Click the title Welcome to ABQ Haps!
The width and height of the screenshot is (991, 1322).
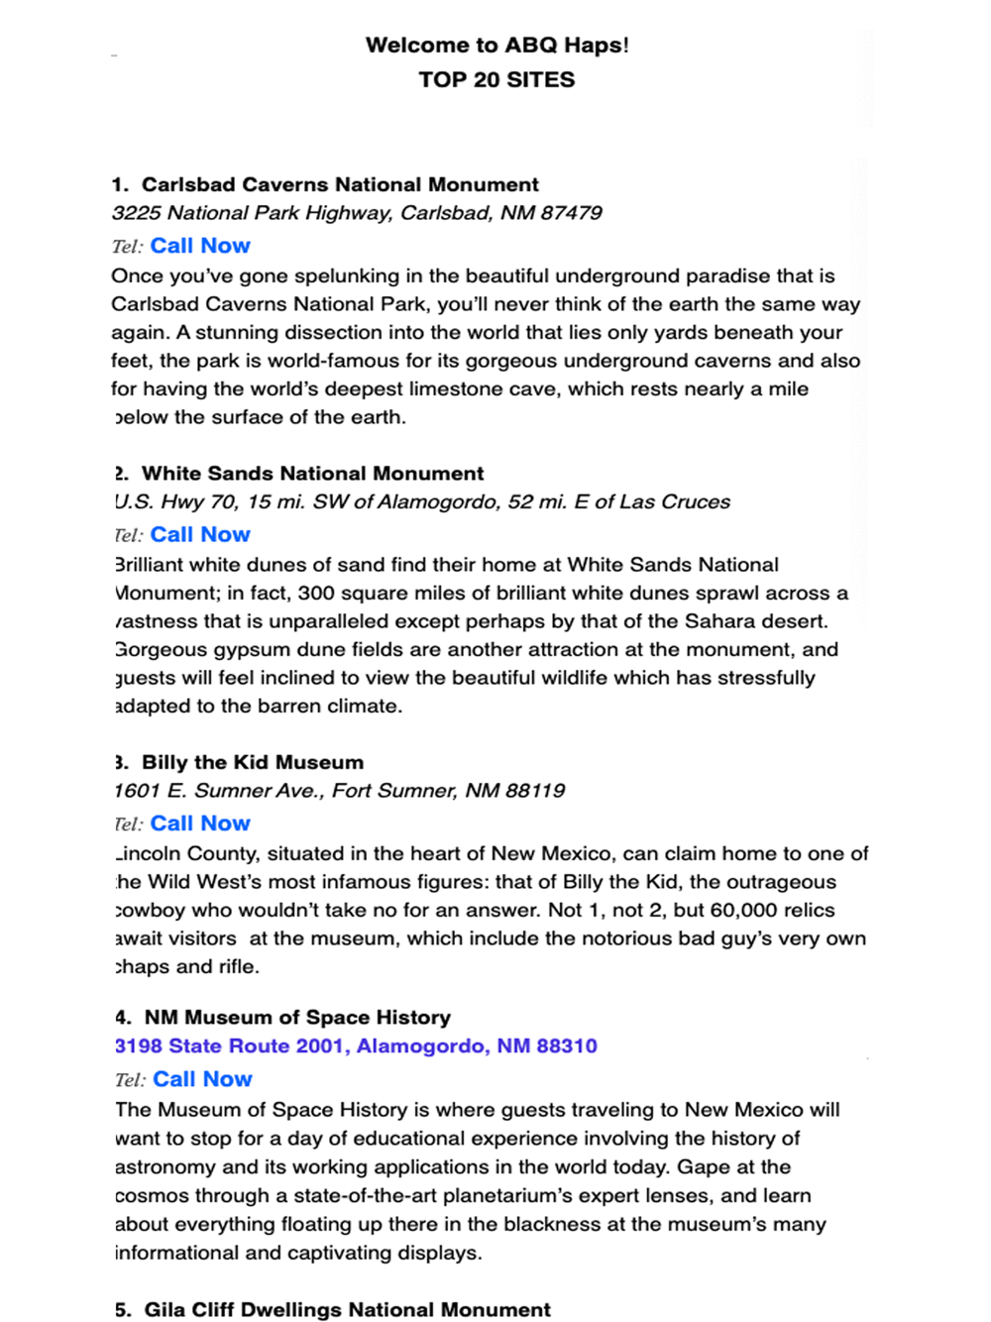(496, 45)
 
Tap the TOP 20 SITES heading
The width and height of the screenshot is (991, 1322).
(496, 79)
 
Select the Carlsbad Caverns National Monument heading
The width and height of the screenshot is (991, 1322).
(340, 184)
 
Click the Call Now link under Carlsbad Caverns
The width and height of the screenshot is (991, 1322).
(200, 246)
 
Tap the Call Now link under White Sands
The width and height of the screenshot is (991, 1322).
(200, 535)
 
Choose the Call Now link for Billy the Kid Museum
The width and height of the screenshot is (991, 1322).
(200, 824)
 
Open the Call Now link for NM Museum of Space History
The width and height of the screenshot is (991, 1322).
(202, 1079)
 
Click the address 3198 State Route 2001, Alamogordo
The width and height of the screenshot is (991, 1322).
(356, 1047)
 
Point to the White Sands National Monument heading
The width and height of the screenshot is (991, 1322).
(312, 474)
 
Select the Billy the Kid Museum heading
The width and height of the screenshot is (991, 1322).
(252, 763)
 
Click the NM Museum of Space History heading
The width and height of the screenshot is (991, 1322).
(297, 1018)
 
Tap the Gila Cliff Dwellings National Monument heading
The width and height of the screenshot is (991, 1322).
(347, 1310)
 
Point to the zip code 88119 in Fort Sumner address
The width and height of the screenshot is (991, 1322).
(534, 791)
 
